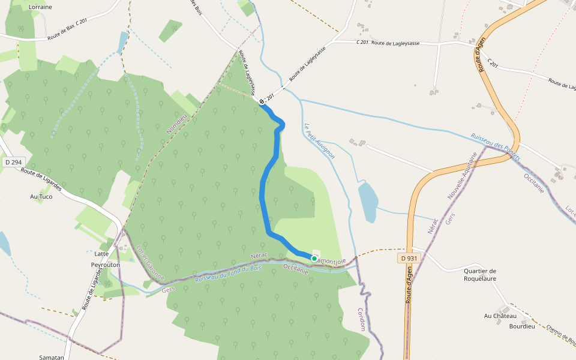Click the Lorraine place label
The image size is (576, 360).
click(x=40, y=7)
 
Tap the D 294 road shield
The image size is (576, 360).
click(x=13, y=162)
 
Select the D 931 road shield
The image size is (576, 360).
click(x=407, y=258)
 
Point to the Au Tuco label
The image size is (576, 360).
click(x=41, y=196)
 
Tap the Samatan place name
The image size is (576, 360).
click(x=51, y=357)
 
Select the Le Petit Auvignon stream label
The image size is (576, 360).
click(x=319, y=140)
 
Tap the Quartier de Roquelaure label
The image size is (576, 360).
click(x=480, y=274)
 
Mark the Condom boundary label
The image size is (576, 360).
click(x=361, y=320)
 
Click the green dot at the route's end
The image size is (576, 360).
click(x=314, y=258)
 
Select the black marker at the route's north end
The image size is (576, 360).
click(x=262, y=103)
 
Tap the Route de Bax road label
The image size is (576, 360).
click(x=62, y=38)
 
